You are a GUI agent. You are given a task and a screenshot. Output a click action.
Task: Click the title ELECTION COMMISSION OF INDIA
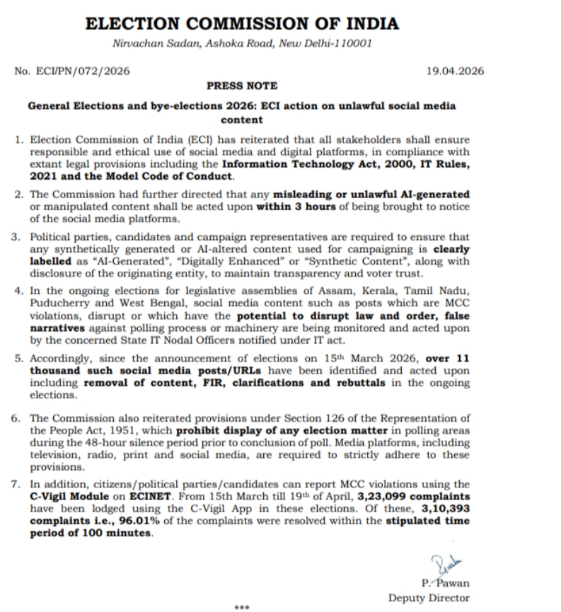click(241, 23)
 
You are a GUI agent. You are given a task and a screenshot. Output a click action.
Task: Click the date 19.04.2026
click(456, 71)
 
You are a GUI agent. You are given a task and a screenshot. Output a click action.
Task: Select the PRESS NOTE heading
click(242, 86)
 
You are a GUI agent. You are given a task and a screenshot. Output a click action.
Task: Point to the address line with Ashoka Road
click(241, 44)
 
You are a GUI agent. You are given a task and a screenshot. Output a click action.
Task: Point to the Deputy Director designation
click(428, 598)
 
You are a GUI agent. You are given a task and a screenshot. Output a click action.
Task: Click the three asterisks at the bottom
click(242, 607)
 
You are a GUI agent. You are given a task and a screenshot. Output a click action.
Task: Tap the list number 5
click(18, 358)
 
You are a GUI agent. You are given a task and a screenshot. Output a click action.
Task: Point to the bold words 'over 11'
click(448, 358)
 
